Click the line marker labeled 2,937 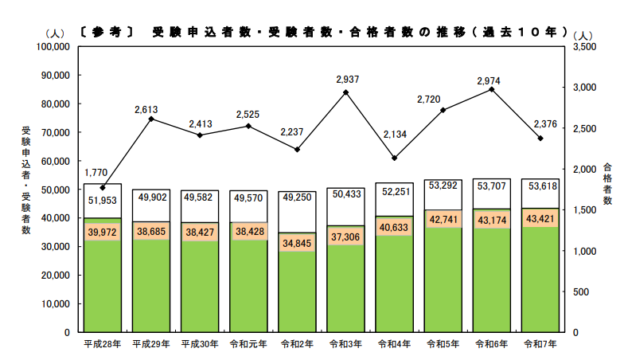pos(346,92)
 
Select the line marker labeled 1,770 pos(103,187)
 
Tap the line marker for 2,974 pos(491,89)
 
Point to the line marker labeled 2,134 pos(395,158)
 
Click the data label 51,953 pos(103,200)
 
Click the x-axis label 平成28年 pos(103,344)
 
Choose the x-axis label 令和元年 pos(248,344)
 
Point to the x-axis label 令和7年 pos(540,344)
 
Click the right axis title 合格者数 pos(607,184)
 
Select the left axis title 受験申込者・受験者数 pos(26,180)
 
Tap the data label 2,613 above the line pos(151,108)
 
